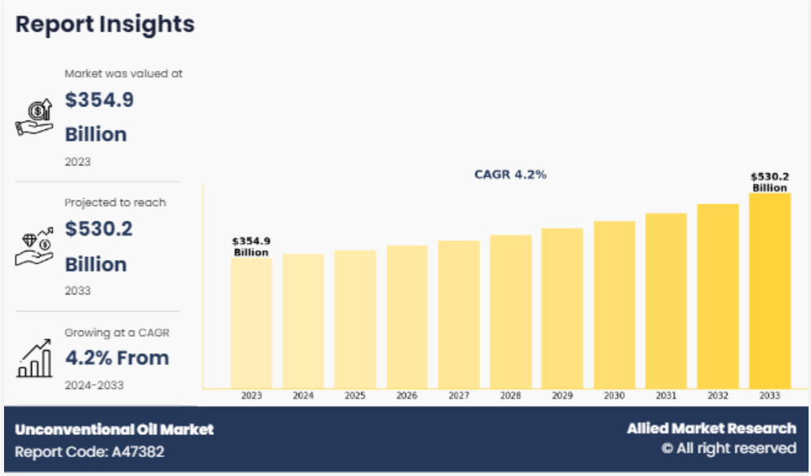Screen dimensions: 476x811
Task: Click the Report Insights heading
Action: coord(105,25)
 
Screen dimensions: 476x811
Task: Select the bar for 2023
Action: coord(251,323)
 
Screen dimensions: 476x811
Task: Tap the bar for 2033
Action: coord(769,290)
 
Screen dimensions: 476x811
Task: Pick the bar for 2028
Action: coord(510,311)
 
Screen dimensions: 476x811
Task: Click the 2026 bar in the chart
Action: coord(406,317)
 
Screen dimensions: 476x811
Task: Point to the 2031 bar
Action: coord(665,300)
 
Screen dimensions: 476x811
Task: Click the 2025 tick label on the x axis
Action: coord(355,396)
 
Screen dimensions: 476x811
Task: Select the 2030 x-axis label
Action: coord(614,396)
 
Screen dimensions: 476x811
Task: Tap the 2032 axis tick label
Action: coord(718,396)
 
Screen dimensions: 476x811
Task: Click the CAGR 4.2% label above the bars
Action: coord(510,174)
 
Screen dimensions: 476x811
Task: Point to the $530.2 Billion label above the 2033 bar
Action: coord(769,182)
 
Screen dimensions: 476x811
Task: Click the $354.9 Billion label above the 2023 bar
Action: coord(251,246)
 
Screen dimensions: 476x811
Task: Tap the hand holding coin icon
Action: coord(34,116)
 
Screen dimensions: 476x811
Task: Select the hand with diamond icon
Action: coord(34,246)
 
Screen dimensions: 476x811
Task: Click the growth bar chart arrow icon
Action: coord(34,359)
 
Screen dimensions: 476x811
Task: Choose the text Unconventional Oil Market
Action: coord(114,429)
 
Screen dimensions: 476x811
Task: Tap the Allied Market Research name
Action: coord(711,429)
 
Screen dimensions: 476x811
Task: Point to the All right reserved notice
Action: coord(728,448)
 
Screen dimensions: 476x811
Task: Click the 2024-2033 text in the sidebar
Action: coord(95,384)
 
